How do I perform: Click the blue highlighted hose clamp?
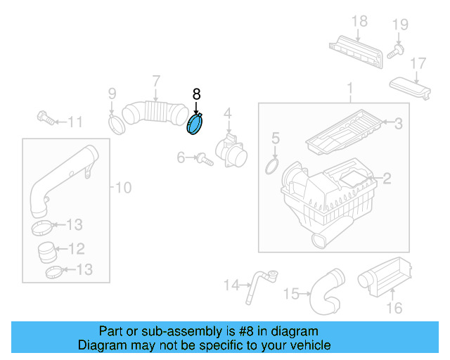click(x=195, y=124)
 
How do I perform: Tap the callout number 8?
click(x=196, y=94)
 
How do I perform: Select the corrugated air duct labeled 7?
click(x=150, y=112)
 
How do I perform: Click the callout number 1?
click(x=349, y=89)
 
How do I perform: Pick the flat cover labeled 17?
click(x=412, y=89)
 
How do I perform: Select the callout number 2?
click(x=386, y=179)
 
